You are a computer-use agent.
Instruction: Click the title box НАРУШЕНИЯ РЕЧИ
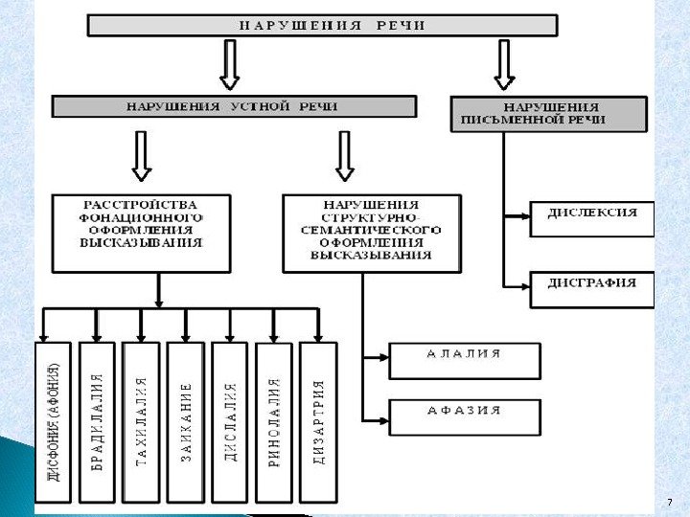[322, 25]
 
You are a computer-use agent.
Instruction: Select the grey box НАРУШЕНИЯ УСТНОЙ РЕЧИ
[233, 105]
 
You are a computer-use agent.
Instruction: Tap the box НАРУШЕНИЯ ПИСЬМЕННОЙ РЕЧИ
[547, 113]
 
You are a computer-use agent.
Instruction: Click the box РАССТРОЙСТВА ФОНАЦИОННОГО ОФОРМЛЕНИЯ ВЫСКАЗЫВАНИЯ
[141, 230]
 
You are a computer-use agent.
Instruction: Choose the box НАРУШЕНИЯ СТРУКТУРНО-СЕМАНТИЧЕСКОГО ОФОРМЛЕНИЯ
[371, 231]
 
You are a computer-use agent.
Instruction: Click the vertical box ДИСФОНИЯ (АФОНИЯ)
[54, 421]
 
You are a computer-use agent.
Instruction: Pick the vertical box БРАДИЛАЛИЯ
[97, 421]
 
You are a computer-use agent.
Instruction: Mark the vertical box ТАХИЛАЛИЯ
[142, 421]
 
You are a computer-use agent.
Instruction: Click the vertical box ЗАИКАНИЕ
[186, 421]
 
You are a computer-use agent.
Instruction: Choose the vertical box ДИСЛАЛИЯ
[230, 421]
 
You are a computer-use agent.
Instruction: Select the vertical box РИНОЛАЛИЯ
[274, 421]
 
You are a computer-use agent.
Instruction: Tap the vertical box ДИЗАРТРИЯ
[318, 421]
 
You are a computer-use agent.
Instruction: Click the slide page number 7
[668, 503]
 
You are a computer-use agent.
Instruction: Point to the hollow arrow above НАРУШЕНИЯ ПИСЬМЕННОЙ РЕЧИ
[504, 65]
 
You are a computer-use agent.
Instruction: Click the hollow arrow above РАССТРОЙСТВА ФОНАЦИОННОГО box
[141, 156]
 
